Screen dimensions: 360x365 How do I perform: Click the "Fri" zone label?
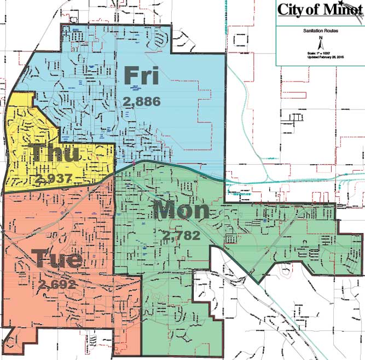(141, 76)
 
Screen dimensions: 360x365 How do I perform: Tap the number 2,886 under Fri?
(141, 102)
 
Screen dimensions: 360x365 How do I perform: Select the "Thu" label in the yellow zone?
(55, 153)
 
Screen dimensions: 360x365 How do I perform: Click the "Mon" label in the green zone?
(181, 211)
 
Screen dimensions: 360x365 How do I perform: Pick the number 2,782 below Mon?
(181, 236)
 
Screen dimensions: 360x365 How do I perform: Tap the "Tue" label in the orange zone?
(57, 259)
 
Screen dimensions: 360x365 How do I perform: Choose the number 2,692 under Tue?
(57, 284)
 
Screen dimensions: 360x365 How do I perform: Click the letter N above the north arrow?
(321, 38)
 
